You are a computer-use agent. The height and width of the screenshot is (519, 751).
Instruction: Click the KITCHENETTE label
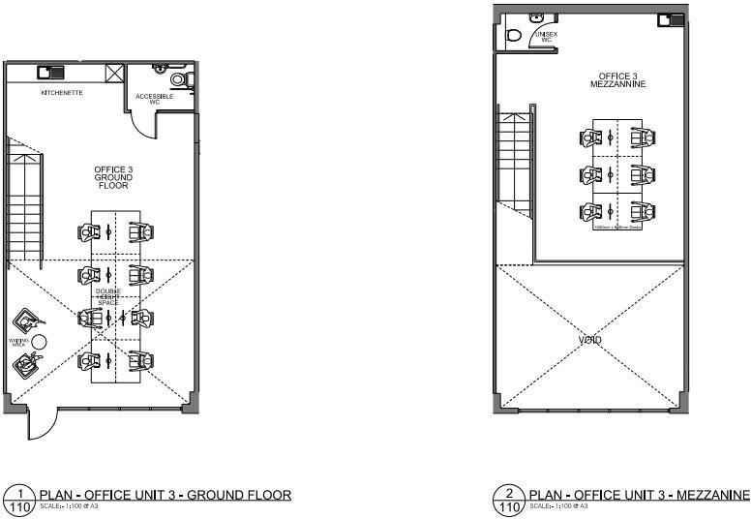click(x=61, y=93)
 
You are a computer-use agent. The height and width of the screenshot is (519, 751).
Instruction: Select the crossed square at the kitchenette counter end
click(x=115, y=73)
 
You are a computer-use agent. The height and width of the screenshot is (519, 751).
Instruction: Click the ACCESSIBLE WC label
click(x=154, y=99)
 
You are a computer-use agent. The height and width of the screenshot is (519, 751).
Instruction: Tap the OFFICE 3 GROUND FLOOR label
click(x=112, y=177)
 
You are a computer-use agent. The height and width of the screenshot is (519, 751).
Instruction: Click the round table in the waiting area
click(x=39, y=341)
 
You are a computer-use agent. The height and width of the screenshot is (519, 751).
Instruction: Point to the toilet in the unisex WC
click(x=514, y=36)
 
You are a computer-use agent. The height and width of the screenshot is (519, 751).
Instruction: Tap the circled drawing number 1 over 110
click(x=18, y=499)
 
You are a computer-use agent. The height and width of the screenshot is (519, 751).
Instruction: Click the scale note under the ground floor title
click(x=69, y=505)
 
